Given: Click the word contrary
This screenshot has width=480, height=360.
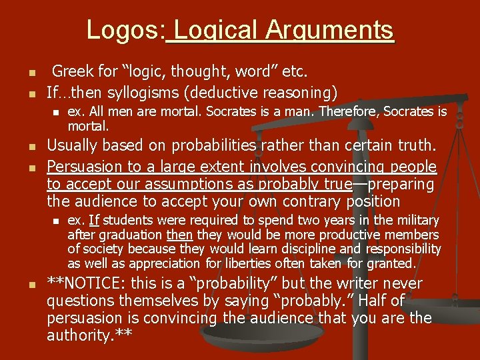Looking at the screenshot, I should (x=317, y=201).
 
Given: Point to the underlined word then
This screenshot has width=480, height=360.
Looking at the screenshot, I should (x=179, y=235).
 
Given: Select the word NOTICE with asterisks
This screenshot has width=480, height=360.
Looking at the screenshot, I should (x=93, y=284).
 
